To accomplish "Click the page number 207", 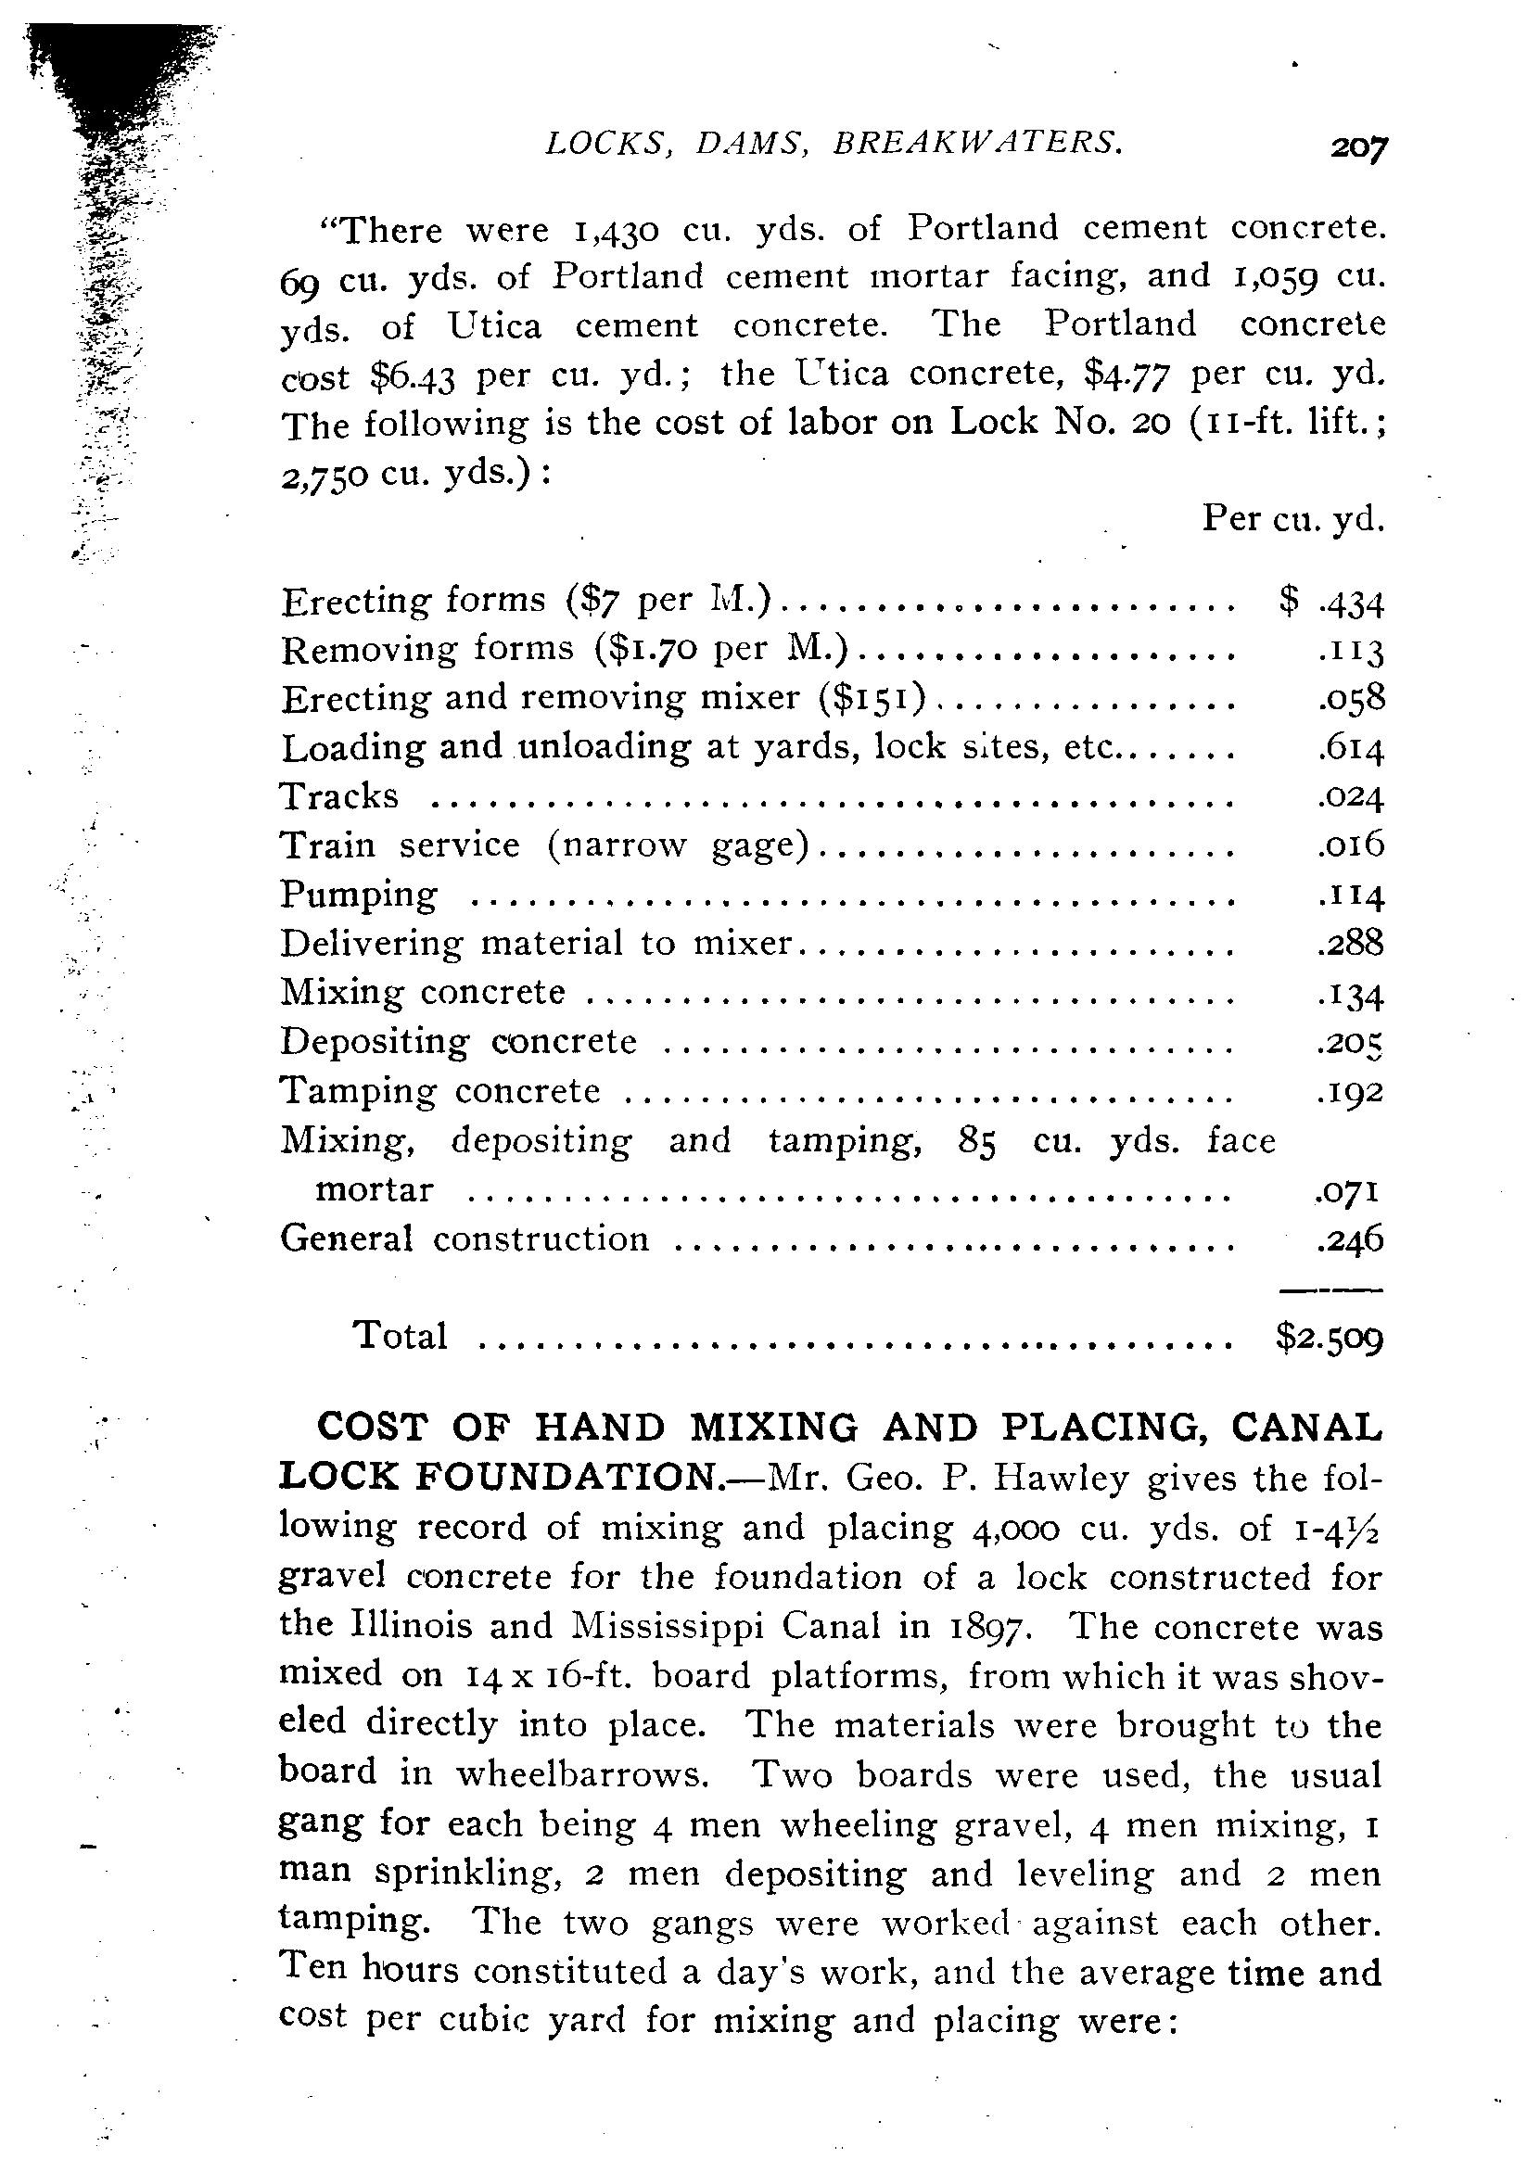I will pyautogui.click(x=1359, y=148).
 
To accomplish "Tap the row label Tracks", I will pyautogui.click(x=339, y=795).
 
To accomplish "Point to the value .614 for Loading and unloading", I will pyautogui.click(x=1351, y=749).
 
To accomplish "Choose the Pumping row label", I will pyautogui.click(x=360, y=895).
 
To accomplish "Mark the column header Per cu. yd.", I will pyautogui.click(x=1292, y=518).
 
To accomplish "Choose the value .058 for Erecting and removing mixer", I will pyautogui.click(x=1351, y=699).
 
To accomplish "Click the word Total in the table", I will pyautogui.click(x=400, y=1336).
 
